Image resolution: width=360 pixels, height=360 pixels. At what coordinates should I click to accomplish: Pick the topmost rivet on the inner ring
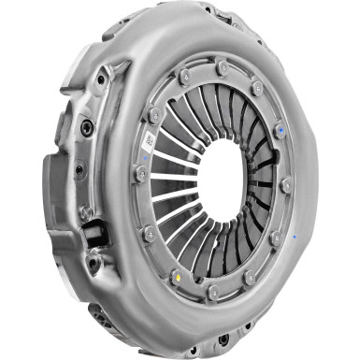pos(222,68)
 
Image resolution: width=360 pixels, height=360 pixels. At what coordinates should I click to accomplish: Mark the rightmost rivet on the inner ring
pos(286,185)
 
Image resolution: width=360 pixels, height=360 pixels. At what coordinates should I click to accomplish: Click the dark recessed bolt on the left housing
pos(87,126)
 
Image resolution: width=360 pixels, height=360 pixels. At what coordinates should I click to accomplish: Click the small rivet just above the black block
pos(86,213)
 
